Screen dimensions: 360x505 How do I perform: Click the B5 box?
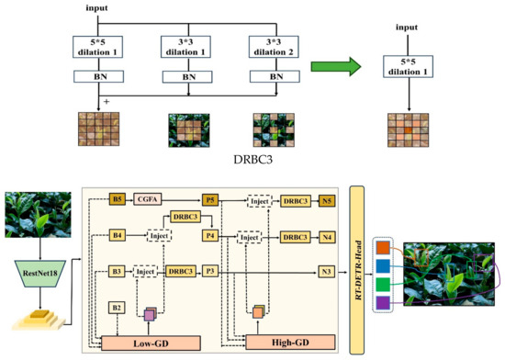click(x=117, y=197)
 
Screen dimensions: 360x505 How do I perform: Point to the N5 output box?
click(x=326, y=197)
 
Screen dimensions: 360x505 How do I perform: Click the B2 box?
click(x=117, y=308)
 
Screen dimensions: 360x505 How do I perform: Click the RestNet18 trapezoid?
click(x=39, y=270)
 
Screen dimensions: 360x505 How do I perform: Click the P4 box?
click(x=211, y=235)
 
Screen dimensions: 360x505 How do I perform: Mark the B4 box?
click(x=117, y=235)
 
